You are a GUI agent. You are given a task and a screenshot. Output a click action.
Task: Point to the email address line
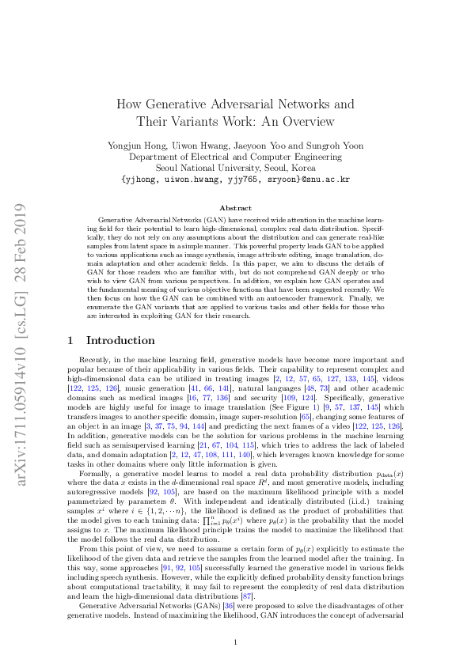click(234, 180)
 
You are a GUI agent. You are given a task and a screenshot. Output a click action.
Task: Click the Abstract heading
click(234, 207)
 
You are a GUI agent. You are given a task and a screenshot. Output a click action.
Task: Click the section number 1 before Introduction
click(71, 341)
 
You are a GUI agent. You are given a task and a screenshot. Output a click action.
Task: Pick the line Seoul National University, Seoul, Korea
click(234, 168)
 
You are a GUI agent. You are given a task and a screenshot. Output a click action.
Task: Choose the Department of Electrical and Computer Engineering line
click(234, 157)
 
